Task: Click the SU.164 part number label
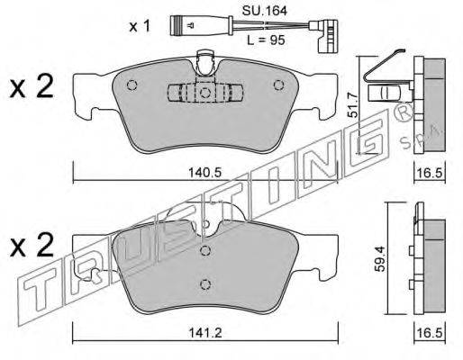coord(265,11)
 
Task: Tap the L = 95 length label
coord(266,40)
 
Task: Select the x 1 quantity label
coord(140,26)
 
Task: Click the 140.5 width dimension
coord(204,173)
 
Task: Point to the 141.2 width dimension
coord(205,333)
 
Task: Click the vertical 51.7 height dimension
coord(353,104)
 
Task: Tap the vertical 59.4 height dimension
coord(381,259)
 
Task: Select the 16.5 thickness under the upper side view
coord(430,173)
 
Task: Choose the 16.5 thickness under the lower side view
coord(430,333)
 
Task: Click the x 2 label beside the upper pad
coord(32,87)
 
